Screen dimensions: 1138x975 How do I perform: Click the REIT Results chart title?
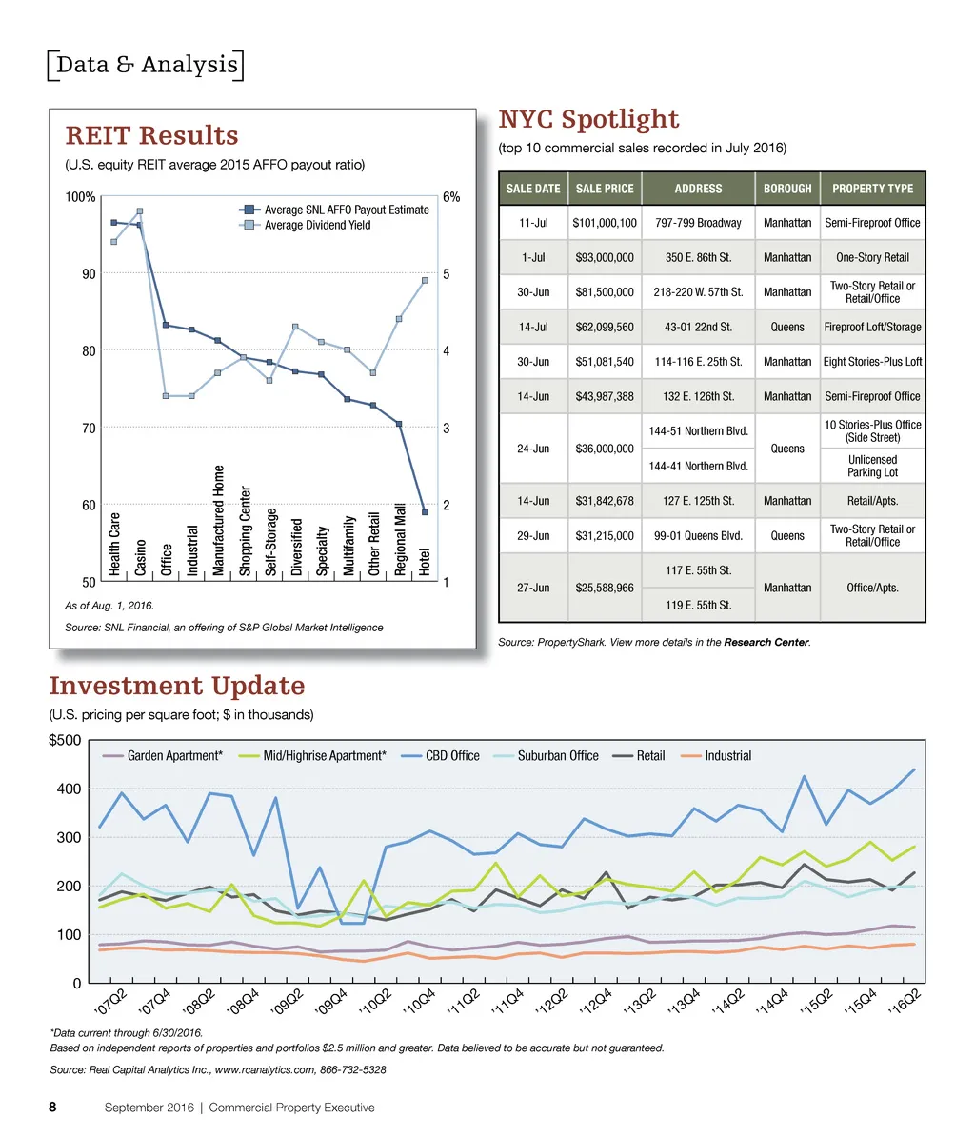coord(151,136)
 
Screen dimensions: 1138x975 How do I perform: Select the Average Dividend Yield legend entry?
coord(317,225)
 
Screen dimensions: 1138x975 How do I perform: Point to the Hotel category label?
coord(425,561)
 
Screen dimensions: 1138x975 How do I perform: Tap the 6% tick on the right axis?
coord(451,197)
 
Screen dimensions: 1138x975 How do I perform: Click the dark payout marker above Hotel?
coord(425,512)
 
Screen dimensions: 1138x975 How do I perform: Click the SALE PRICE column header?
coord(605,189)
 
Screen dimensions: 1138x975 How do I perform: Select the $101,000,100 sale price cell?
coord(605,223)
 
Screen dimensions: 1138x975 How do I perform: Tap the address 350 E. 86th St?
coord(698,257)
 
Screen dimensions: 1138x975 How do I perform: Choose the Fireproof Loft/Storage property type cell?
coord(872,327)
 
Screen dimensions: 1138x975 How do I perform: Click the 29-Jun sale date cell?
coord(533,536)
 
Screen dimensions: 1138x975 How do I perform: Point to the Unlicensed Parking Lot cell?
coord(872,466)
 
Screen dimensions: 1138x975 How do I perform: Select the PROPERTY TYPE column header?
coord(872,189)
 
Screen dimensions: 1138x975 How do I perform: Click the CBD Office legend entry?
coord(452,756)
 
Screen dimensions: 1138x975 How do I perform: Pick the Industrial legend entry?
coord(727,756)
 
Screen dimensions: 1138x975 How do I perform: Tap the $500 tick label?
coord(65,741)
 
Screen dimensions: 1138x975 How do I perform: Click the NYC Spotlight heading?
coord(588,120)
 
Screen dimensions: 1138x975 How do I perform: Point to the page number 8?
coord(53,1108)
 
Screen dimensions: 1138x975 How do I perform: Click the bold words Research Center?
coord(766,643)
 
